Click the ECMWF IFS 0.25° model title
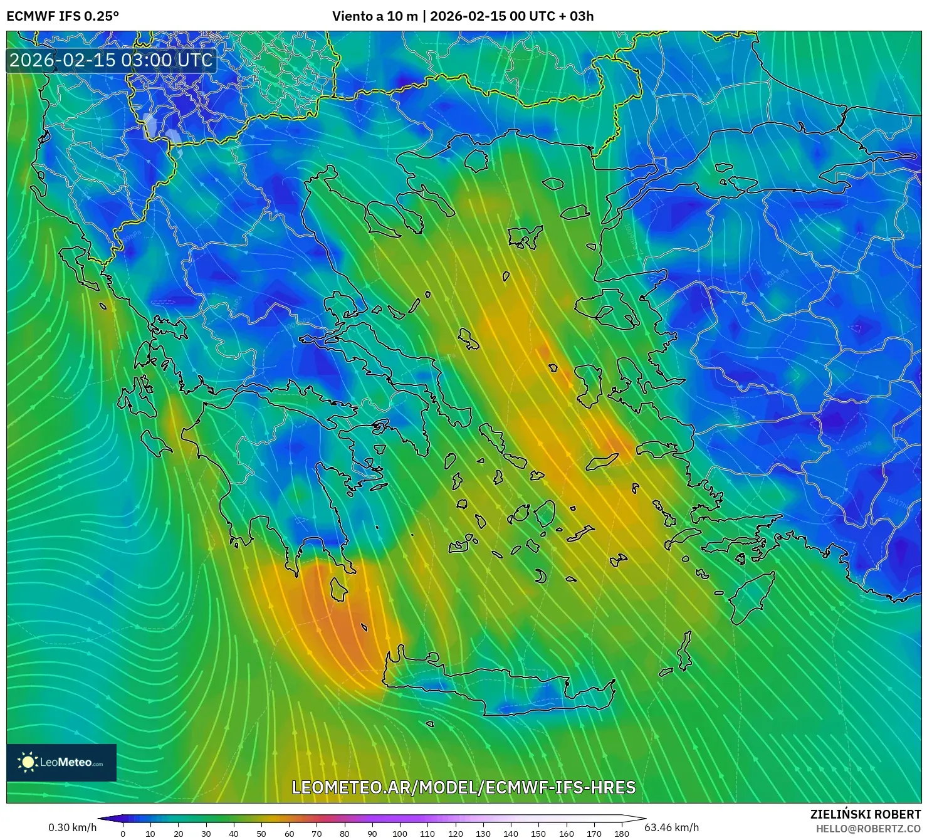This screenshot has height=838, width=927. click(x=62, y=16)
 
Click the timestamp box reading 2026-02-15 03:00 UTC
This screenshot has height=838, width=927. click(x=111, y=60)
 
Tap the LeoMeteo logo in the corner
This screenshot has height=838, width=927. click(x=61, y=762)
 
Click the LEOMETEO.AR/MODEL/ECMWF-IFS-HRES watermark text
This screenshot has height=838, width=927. click(x=463, y=787)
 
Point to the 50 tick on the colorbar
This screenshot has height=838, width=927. click(x=261, y=833)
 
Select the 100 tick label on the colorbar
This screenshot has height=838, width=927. click(x=400, y=833)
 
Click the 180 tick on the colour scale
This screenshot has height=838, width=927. click(x=621, y=833)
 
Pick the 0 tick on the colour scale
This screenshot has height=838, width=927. click(x=123, y=833)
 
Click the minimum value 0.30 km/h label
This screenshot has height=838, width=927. click(x=72, y=827)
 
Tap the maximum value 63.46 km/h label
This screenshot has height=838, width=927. click(x=671, y=827)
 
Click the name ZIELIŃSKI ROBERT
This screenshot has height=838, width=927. click(x=865, y=814)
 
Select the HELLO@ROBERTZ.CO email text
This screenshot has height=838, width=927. click(x=867, y=829)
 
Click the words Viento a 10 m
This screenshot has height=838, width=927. click(x=375, y=16)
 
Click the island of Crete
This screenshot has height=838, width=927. click(x=495, y=686)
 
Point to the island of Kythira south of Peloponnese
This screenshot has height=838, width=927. click(x=338, y=590)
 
